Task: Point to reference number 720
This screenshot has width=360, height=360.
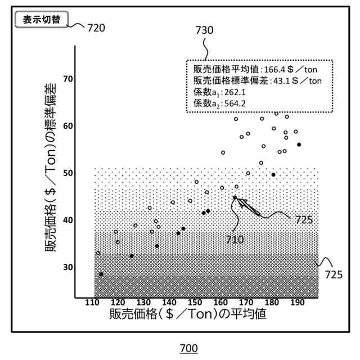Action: click(x=96, y=27)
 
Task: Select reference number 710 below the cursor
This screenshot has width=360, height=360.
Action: click(x=234, y=239)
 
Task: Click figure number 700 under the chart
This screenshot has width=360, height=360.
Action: click(x=188, y=349)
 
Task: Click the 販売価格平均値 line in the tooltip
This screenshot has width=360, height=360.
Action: click(x=253, y=69)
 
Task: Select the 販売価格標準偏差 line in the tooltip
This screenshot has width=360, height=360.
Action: click(x=257, y=80)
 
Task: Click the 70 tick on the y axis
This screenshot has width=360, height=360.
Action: click(x=67, y=79)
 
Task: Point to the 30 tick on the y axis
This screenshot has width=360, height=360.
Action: click(x=67, y=267)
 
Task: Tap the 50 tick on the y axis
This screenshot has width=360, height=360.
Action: click(x=67, y=173)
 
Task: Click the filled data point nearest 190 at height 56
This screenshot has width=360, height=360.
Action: click(x=299, y=145)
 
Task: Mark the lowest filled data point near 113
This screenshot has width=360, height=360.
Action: click(x=101, y=274)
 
